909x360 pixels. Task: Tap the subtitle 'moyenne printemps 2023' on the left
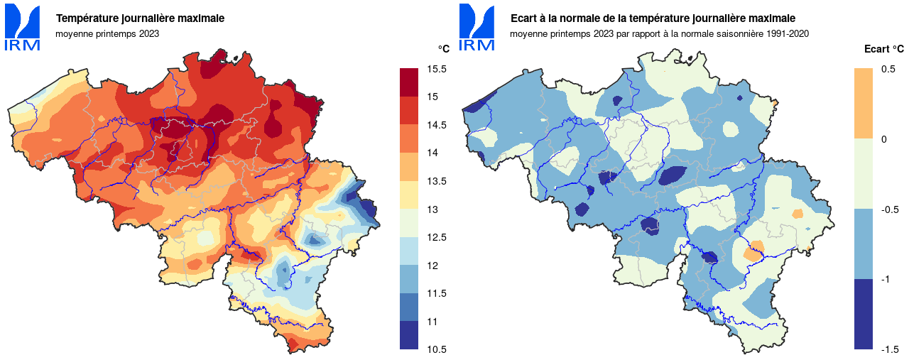(x=107, y=33)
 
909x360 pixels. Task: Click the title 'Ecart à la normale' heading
(x=653, y=18)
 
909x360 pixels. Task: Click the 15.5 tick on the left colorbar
(x=437, y=69)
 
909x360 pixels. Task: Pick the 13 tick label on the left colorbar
(x=432, y=209)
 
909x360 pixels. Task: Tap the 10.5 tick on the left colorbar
(x=437, y=349)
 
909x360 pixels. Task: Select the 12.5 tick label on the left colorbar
(x=437, y=237)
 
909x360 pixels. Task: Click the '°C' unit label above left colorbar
(x=443, y=49)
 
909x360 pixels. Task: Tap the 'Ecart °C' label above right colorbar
(x=883, y=49)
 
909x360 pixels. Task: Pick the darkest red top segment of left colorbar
(x=408, y=82)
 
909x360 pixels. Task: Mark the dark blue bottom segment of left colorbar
(x=408, y=335)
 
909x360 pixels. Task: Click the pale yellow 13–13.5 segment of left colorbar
(x=408, y=195)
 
